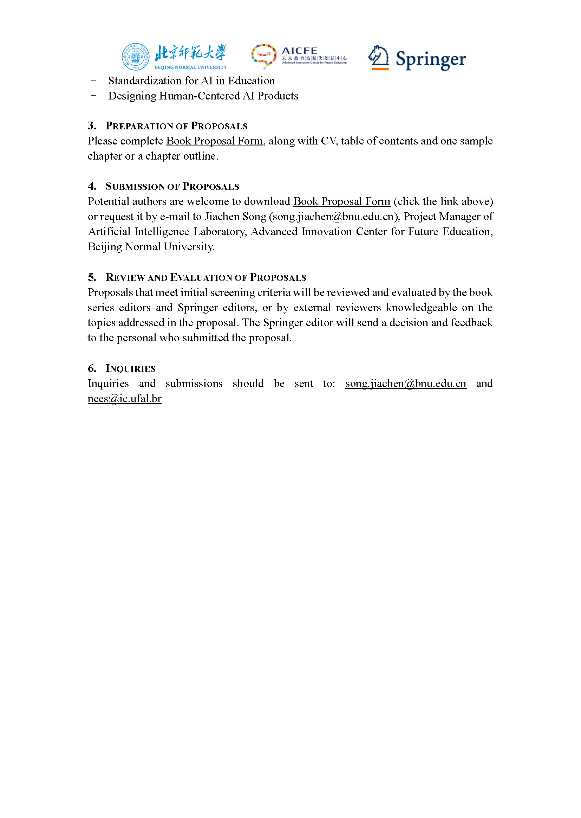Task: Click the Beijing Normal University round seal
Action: tap(136, 57)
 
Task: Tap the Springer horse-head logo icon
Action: tap(379, 57)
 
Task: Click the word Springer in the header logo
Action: tap(430, 59)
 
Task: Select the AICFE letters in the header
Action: tap(299, 51)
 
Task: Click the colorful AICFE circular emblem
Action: tap(264, 56)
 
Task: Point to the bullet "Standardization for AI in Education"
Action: tap(191, 81)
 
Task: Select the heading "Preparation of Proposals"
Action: tap(176, 126)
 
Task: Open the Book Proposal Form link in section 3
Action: tap(214, 141)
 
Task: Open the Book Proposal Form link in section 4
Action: tap(341, 201)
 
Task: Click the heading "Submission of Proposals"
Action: tap(172, 187)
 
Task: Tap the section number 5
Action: tap(92, 277)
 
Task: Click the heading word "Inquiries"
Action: tap(130, 369)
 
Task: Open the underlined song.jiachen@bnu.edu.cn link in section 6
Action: tap(405, 384)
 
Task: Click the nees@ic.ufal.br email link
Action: tap(124, 399)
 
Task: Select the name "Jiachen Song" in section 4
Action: tap(235, 217)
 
